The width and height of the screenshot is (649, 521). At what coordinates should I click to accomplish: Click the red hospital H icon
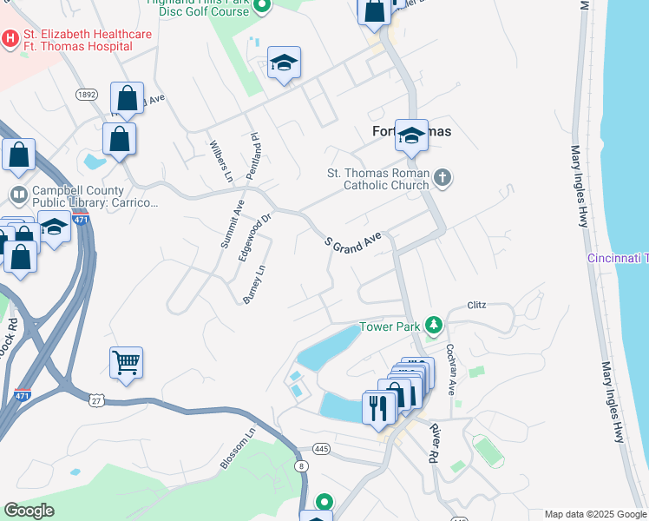pos(10,39)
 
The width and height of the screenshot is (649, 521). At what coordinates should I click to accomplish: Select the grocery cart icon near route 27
pos(126,363)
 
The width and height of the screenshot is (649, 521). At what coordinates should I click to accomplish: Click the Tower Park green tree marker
pos(434,326)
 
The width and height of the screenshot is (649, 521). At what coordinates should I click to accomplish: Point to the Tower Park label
pos(390,327)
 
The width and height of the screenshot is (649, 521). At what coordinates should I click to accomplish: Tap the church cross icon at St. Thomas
pos(442,179)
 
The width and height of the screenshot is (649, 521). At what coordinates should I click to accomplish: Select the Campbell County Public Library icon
pos(18,194)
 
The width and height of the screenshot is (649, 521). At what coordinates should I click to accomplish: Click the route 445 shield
pos(322,449)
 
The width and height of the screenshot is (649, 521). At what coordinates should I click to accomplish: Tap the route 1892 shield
pos(86,95)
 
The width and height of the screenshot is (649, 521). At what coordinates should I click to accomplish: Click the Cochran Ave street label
pos(451,368)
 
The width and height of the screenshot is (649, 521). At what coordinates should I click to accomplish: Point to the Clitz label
pos(477,306)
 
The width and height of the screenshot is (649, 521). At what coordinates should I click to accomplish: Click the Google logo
pos(29,511)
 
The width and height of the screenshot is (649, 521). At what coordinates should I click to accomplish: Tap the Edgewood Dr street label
pos(255,229)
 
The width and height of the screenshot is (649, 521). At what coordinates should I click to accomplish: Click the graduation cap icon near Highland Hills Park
pos(284,63)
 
